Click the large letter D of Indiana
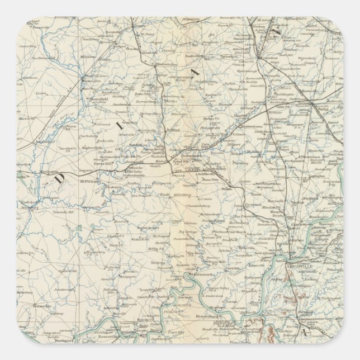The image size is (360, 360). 59,178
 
